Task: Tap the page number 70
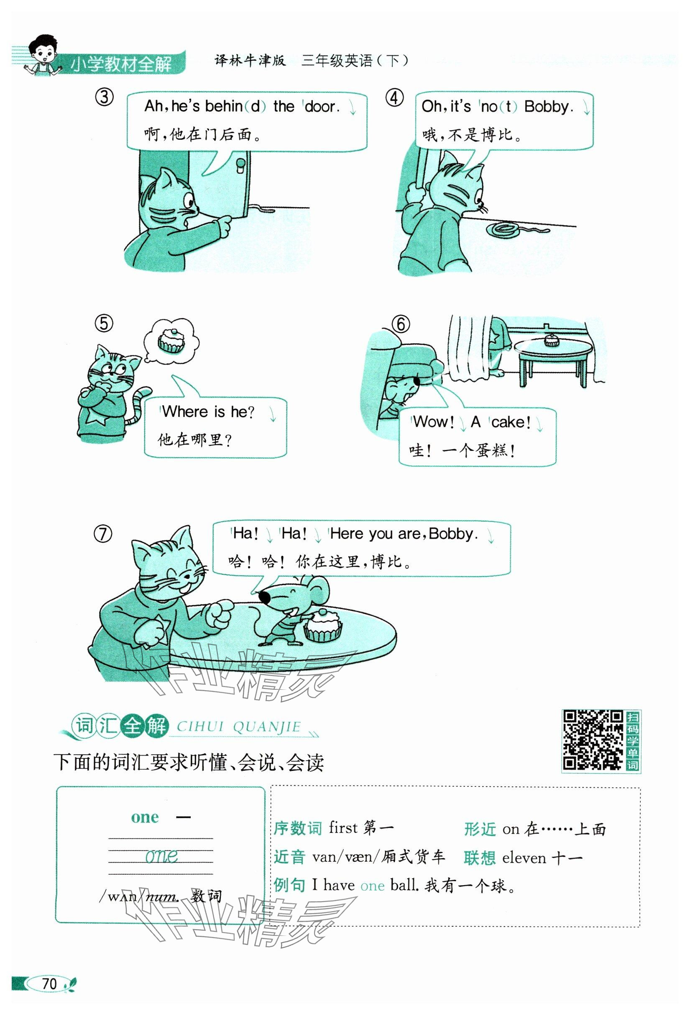[x=49, y=984]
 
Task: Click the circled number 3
[x=104, y=97]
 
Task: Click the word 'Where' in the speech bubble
[x=184, y=411]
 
